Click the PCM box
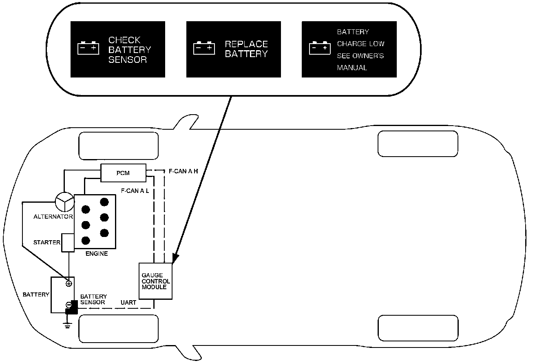click(123, 173)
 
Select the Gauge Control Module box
click(156, 281)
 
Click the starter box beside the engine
click(68, 242)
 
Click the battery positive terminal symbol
click(69, 283)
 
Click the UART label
click(128, 303)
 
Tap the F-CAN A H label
click(183, 171)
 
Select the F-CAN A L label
click(135, 190)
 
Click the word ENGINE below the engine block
click(97, 254)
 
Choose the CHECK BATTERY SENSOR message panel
click(118, 49)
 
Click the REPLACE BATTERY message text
click(246, 49)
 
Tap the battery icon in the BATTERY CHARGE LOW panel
click(320, 48)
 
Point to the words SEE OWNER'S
click(360, 56)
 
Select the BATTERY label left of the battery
click(36, 294)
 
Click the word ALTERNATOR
click(53, 217)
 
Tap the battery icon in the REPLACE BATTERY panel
click(204, 48)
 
